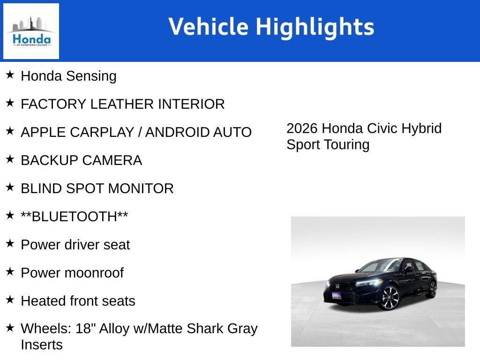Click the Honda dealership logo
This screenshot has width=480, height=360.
[x=31, y=31]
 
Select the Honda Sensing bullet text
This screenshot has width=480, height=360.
[x=68, y=76]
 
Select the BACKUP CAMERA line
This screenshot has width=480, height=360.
[x=81, y=160]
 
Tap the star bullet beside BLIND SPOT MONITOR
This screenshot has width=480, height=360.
[x=10, y=187]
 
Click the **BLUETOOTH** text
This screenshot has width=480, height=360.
[x=74, y=217]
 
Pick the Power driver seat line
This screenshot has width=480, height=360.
[x=75, y=245]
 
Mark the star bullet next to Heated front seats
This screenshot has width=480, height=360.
[x=10, y=300]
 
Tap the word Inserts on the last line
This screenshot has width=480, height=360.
[x=41, y=345]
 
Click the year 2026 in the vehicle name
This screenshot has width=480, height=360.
[x=302, y=128]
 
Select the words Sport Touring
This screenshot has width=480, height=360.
[x=328, y=144]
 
